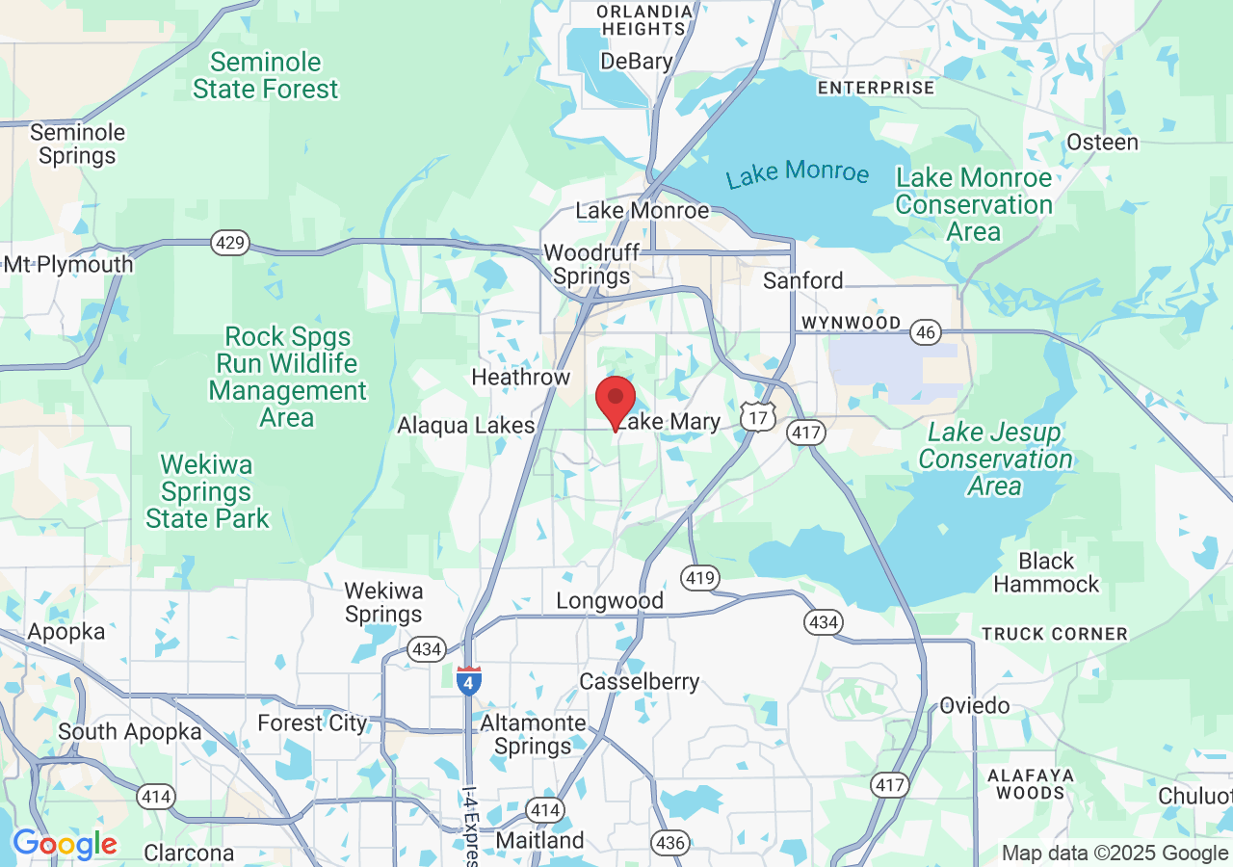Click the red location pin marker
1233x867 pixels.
click(x=616, y=400)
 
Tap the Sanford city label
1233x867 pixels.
click(x=802, y=280)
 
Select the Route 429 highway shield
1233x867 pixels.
click(x=230, y=243)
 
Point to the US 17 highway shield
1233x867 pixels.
click(x=758, y=417)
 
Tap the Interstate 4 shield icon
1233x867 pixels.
click(x=469, y=681)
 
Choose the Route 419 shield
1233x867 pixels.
click(x=699, y=578)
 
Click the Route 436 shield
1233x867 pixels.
click(x=669, y=843)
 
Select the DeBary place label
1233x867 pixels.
click(x=636, y=62)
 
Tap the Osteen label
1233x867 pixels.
click(x=1102, y=143)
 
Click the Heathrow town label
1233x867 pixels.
click(x=520, y=377)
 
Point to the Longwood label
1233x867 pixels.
click(x=610, y=601)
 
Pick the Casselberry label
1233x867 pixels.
click(x=639, y=682)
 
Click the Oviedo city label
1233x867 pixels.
click(x=975, y=705)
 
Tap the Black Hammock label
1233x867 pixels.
click(x=1046, y=572)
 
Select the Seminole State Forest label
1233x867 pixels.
click(x=266, y=76)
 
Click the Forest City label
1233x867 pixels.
click(x=312, y=722)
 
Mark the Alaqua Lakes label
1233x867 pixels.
click(x=466, y=425)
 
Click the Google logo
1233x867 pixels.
click(x=65, y=845)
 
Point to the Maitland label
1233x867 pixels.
click(x=539, y=840)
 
